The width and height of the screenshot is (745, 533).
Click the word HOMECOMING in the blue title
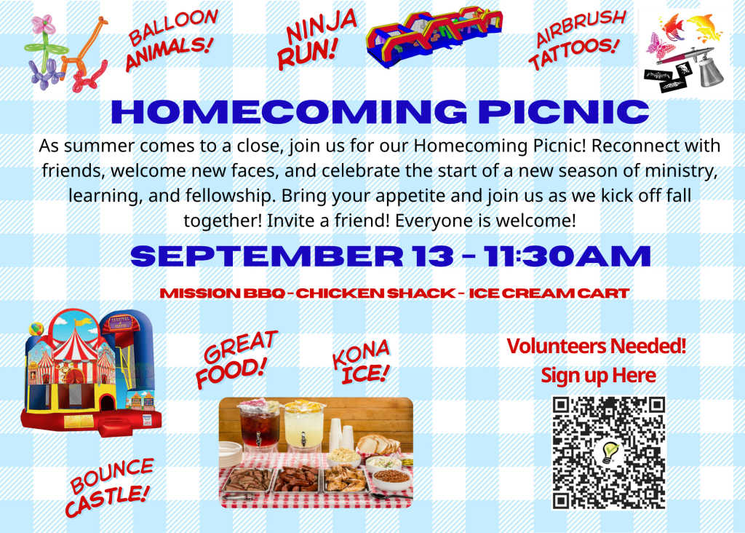(x=289, y=111)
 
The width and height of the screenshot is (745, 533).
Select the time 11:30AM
(x=567, y=256)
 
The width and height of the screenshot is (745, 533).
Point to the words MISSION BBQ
(x=223, y=293)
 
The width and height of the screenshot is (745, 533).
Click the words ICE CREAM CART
(x=549, y=293)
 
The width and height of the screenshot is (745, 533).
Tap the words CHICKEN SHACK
(x=375, y=293)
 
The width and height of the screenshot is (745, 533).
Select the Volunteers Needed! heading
(x=597, y=346)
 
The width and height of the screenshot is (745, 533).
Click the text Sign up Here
(x=598, y=375)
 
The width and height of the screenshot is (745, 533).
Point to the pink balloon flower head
(x=43, y=25)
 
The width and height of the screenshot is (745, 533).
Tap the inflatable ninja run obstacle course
(x=434, y=36)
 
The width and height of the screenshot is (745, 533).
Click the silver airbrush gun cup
(x=710, y=72)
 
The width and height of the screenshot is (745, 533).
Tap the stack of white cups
(x=342, y=434)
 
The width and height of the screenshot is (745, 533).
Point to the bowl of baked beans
(x=391, y=478)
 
